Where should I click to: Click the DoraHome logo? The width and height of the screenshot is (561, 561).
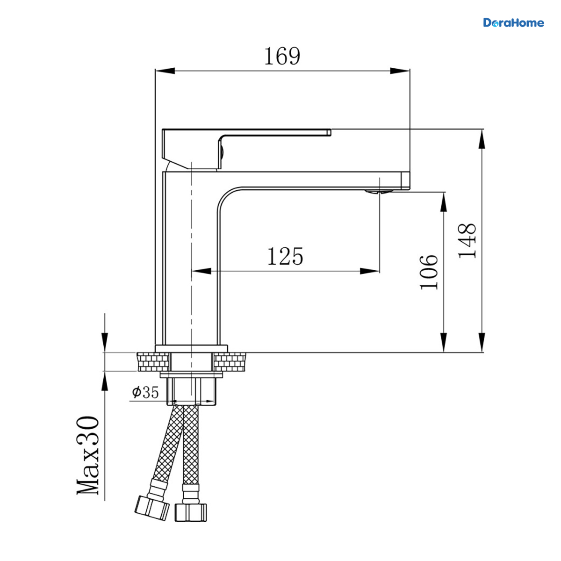(x=513, y=23)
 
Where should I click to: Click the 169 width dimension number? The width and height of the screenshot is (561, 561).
(x=282, y=56)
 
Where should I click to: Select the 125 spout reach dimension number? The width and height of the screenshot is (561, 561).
(x=285, y=256)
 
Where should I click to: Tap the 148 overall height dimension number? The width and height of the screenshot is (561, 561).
(x=467, y=240)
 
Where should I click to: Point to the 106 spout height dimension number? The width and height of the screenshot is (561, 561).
(x=429, y=272)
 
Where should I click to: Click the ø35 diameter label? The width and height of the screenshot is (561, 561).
(x=145, y=392)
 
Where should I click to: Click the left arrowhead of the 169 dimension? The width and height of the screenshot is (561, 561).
(x=165, y=71)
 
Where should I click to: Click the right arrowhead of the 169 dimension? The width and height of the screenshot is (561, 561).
(x=400, y=71)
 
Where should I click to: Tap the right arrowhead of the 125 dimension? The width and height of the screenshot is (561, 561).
(x=370, y=271)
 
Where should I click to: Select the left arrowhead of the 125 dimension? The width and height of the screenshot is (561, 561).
(x=201, y=271)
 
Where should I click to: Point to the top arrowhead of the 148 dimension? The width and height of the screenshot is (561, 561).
(x=482, y=139)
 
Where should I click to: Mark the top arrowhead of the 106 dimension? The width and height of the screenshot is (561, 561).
(x=443, y=202)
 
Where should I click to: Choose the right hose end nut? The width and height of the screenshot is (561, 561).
(x=191, y=512)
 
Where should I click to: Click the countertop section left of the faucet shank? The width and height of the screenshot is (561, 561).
(x=153, y=362)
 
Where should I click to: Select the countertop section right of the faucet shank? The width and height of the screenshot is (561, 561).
(x=230, y=362)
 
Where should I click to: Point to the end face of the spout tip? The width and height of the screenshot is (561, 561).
(x=405, y=180)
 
